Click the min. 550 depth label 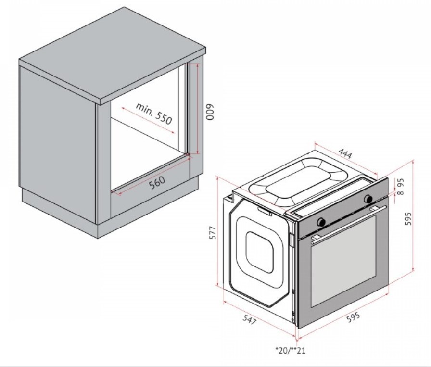tap(154, 113)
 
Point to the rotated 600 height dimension tap(210, 112)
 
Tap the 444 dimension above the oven tap(345, 153)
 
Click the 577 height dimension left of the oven tap(213, 233)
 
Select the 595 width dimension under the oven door tap(353, 317)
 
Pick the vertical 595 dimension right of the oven tap(409, 218)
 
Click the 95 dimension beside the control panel tap(401, 182)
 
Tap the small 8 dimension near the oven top tap(401, 192)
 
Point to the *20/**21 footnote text tap(290, 350)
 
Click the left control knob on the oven tap(321, 222)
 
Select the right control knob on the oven tap(368, 199)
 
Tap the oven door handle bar tap(349, 224)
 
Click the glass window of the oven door tap(343, 261)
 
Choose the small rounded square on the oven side tap(260, 252)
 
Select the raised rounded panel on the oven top tap(297, 181)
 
